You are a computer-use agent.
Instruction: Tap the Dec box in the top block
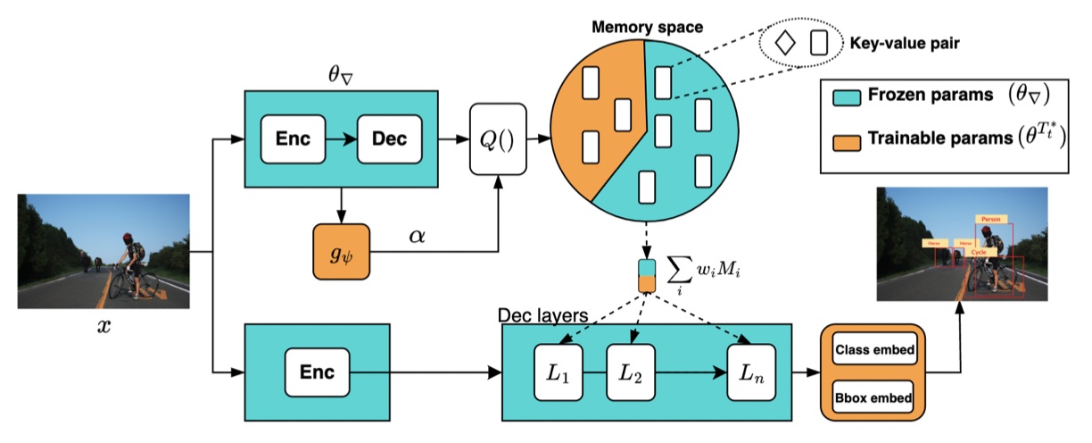pos(389,139)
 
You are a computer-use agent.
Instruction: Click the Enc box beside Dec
pos(293,139)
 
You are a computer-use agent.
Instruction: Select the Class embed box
pos(873,349)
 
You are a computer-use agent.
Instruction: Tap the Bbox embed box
pos(873,397)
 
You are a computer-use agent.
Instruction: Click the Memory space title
pos(647,28)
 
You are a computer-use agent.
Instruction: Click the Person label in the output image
pos(989,218)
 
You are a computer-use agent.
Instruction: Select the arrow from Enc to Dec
pos(340,139)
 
